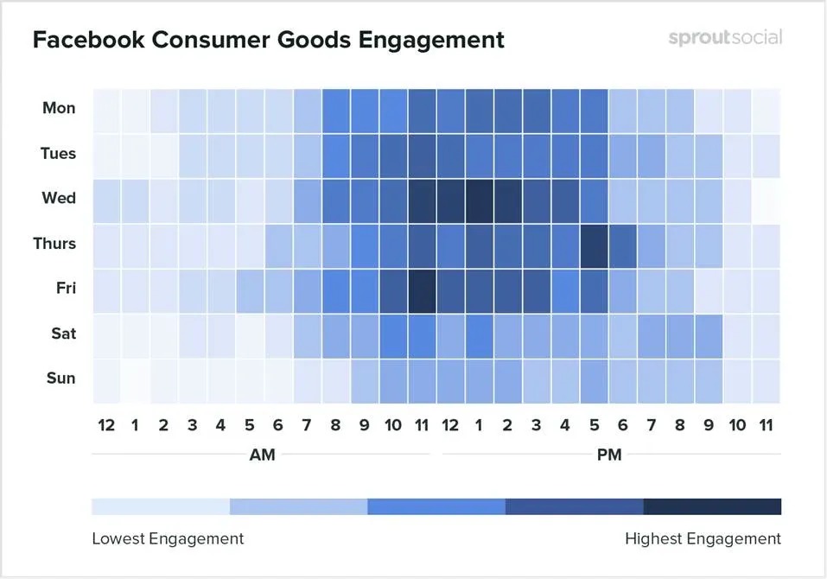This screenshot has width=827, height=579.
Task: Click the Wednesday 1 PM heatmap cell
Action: pyautogui.click(x=479, y=199)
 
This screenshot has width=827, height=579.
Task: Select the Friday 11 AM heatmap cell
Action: pyautogui.click(x=422, y=289)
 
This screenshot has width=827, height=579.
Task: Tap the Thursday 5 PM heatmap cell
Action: pyautogui.click(x=594, y=244)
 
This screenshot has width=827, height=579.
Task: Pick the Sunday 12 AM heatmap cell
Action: pyautogui.click(x=105, y=379)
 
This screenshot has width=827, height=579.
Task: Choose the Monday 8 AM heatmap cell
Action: pyautogui.click(x=335, y=109)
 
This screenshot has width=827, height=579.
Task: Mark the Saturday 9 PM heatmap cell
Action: pyautogui.click(x=709, y=334)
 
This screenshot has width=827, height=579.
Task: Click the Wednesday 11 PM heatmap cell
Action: pyautogui.click(x=766, y=199)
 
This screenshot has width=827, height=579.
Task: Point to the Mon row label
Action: pyautogui.click(x=59, y=108)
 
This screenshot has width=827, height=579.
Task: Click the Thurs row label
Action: pyautogui.click(x=54, y=243)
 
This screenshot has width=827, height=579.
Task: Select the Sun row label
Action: pyautogui.click(x=60, y=378)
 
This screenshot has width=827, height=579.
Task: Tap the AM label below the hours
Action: pyautogui.click(x=262, y=455)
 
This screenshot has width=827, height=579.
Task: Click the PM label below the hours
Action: pyautogui.click(x=609, y=455)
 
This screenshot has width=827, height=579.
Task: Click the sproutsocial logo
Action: pyautogui.click(x=725, y=37)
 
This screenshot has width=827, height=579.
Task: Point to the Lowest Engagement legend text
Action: pyautogui.click(x=168, y=538)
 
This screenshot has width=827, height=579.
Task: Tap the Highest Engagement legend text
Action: pyautogui.click(x=703, y=538)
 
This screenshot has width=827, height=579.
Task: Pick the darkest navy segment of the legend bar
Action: pyautogui.click(x=712, y=506)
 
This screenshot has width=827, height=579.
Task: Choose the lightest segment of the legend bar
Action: pyautogui.click(x=161, y=506)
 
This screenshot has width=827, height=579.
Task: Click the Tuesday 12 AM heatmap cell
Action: pyautogui.click(x=105, y=154)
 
